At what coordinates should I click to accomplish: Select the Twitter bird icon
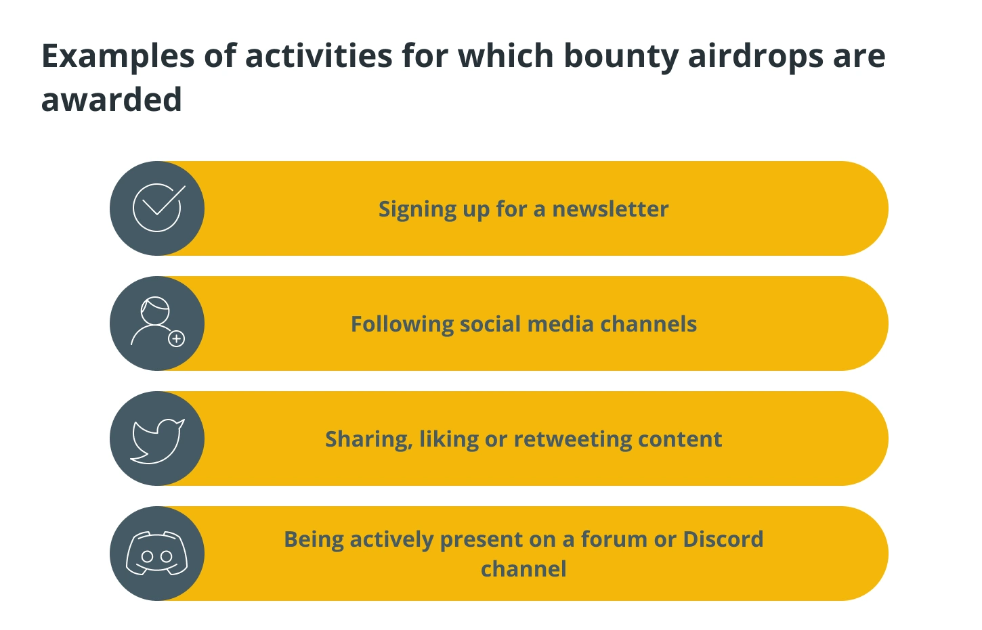click(157, 441)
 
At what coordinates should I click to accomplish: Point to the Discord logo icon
click(157, 554)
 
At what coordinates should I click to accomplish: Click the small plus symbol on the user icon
click(176, 338)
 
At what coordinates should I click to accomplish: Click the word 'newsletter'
click(610, 209)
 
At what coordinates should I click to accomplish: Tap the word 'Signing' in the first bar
click(418, 210)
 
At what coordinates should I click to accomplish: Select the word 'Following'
click(402, 325)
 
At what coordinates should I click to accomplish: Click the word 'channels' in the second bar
click(648, 324)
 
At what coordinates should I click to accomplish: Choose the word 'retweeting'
click(572, 440)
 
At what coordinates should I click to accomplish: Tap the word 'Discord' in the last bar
click(723, 539)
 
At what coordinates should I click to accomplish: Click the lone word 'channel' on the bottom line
click(524, 569)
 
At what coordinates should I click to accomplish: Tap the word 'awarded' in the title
click(111, 100)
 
